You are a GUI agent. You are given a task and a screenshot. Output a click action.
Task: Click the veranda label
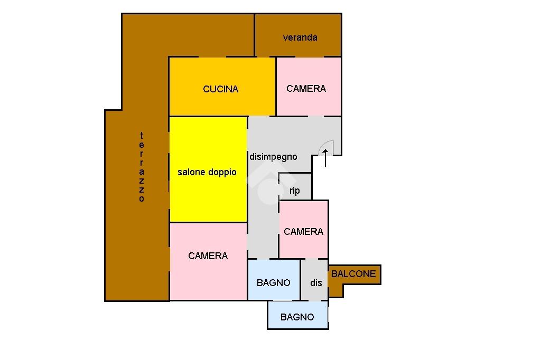300,37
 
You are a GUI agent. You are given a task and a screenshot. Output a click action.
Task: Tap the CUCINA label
221,89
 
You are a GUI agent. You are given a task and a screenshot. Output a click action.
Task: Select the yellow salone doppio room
208,190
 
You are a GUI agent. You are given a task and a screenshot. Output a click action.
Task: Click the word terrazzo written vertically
142,167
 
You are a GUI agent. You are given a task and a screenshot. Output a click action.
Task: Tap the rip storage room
295,187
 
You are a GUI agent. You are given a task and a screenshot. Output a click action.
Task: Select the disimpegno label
273,157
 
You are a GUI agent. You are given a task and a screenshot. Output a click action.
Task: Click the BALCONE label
353,273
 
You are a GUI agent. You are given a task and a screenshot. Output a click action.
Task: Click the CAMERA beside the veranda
306,89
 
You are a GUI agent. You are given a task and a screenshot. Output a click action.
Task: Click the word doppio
223,173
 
